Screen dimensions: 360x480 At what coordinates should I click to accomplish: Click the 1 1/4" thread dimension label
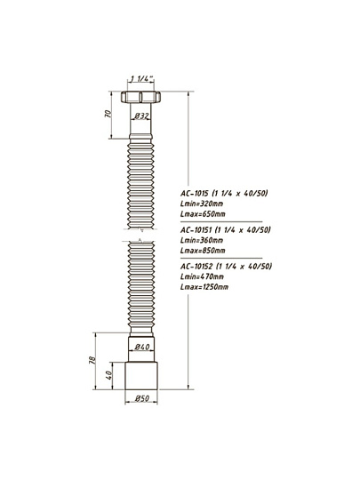point(141,79)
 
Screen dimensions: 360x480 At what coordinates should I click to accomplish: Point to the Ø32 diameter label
point(141,116)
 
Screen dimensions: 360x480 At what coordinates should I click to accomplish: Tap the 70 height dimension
point(108,114)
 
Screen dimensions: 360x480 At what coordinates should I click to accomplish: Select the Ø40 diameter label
point(142,347)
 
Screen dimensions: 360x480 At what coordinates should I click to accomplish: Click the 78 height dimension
point(92,360)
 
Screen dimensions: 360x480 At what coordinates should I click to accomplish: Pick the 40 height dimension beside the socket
point(109,375)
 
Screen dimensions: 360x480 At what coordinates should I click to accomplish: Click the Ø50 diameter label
point(142,398)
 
